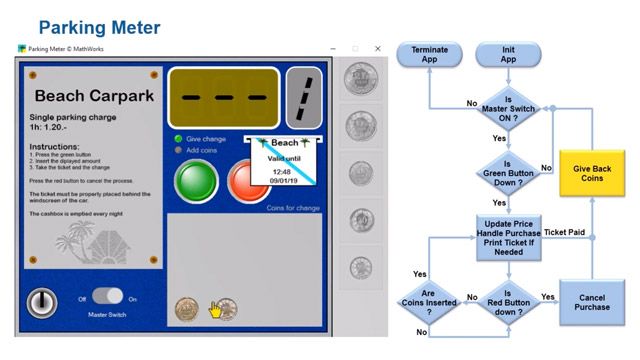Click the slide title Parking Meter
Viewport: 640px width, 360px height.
pos(99,25)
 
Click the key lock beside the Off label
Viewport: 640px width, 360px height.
pos(41,301)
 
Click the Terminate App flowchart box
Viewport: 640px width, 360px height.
pos(429,55)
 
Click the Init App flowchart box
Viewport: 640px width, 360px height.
pos(508,55)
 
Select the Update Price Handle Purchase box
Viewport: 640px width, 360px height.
pos(508,233)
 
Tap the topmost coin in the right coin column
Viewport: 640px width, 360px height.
pos(360,78)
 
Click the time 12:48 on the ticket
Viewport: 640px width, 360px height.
pos(280,171)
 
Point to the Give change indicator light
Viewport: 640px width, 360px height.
pos(178,139)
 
